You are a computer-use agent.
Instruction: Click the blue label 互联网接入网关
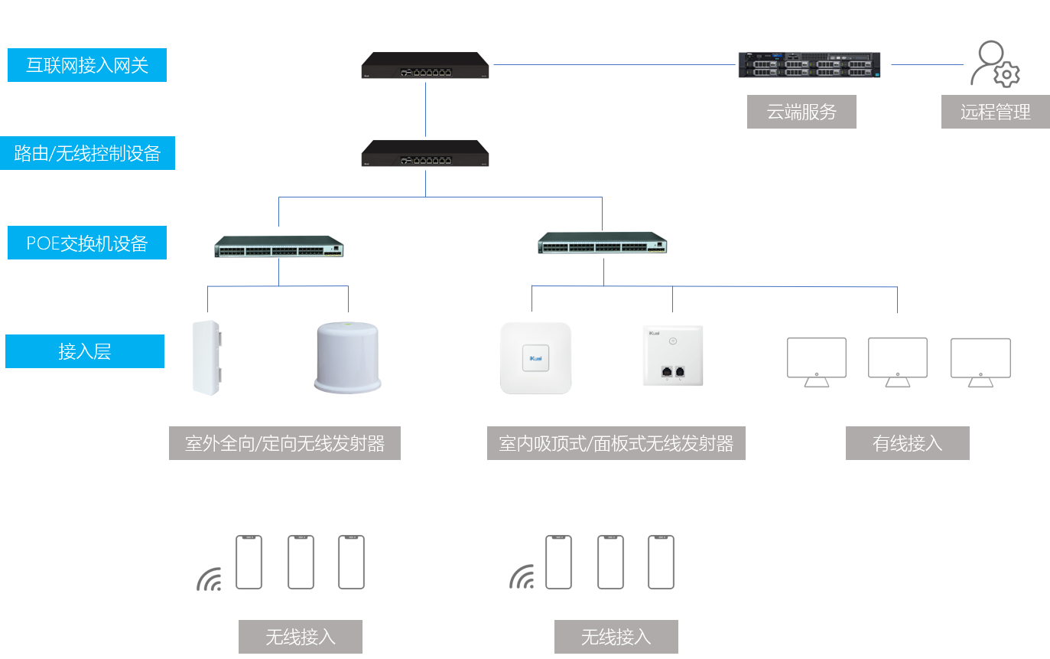pyautogui.click(x=86, y=65)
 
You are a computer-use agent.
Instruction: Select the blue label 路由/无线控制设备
pyautogui.click(x=87, y=153)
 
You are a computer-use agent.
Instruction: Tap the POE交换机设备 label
pyautogui.click(x=86, y=243)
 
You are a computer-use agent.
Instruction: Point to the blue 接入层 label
pyautogui.click(x=84, y=351)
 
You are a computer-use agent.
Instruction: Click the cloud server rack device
pyautogui.click(x=809, y=64)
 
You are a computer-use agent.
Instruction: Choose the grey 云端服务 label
pyautogui.click(x=801, y=112)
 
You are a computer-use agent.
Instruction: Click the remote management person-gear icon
pyautogui.click(x=995, y=64)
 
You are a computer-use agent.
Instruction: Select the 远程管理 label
pyautogui.click(x=995, y=112)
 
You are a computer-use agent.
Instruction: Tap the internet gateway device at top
pyautogui.click(x=425, y=65)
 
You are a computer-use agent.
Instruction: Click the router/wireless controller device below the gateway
pyautogui.click(x=425, y=153)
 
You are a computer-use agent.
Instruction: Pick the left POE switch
pyautogui.click(x=278, y=246)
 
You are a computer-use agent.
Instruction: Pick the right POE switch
pyautogui.click(x=602, y=243)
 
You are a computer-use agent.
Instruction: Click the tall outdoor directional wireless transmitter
pyautogui.click(x=206, y=357)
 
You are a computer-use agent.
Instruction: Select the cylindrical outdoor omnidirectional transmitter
pyautogui.click(x=347, y=357)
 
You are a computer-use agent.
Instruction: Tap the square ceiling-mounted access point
pyautogui.click(x=535, y=358)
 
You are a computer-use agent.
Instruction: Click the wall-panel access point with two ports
pyautogui.click(x=672, y=356)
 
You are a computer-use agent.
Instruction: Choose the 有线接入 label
pyautogui.click(x=907, y=443)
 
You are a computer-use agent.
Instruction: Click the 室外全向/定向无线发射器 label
pyautogui.click(x=284, y=443)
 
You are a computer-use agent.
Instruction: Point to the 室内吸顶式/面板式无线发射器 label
pyautogui.click(x=616, y=443)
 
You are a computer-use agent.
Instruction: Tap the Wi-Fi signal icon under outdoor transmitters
pyautogui.click(x=209, y=579)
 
